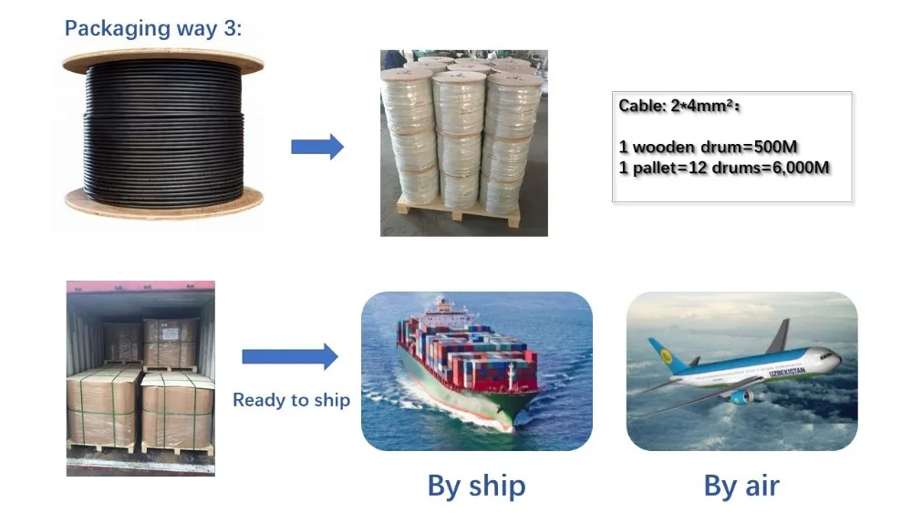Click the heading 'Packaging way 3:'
pyautogui.click(x=153, y=28)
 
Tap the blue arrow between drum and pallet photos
pyautogui.click(x=317, y=147)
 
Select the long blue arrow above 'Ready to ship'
pyautogui.click(x=290, y=356)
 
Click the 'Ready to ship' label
pyautogui.click(x=292, y=400)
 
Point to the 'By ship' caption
pyautogui.click(x=476, y=486)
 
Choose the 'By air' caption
pyautogui.click(x=741, y=485)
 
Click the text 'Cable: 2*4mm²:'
pyautogui.click(x=679, y=106)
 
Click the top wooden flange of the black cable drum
pyautogui.click(x=163, y=60)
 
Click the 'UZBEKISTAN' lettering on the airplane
pyautogui.click(x=787, y=370)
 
